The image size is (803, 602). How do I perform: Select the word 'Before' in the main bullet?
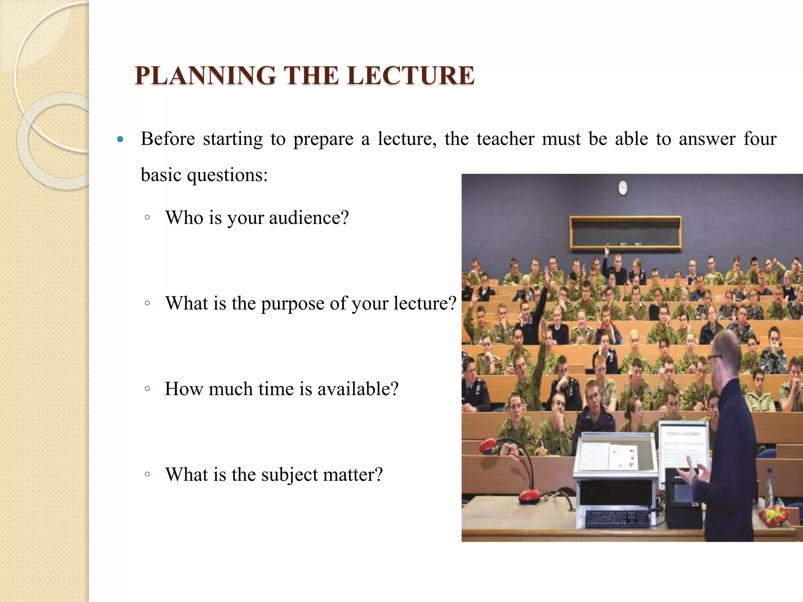coord(168,139)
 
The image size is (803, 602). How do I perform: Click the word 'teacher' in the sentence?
coord(505,139)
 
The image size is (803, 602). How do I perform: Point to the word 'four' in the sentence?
coord(760,139)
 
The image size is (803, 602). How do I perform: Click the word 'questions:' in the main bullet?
coord(227,175)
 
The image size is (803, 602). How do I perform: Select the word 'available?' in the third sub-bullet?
coord(358,389)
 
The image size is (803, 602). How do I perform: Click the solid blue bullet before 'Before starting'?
coord(120,140)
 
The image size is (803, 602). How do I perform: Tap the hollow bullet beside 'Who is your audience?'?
coord(147,218)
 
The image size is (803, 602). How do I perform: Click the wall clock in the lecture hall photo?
coord(622,188)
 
